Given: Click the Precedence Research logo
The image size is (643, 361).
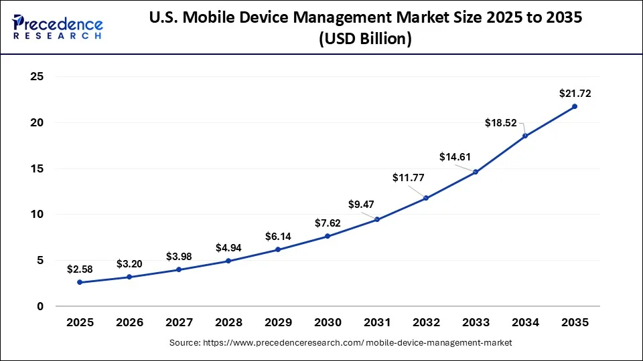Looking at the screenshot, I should [x=58, y=27].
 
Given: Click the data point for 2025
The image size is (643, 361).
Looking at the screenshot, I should [x=80, y=282].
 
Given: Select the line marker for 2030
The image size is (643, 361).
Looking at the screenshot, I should [x=328, y=236].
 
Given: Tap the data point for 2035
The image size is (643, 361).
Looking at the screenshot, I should [x=575, y=106].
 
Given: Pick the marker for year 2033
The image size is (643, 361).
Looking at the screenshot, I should [x=476, y=172].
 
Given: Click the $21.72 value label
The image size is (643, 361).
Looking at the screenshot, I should [x=575, y=94].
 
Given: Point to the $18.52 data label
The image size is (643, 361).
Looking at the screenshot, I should [x=502, y=122].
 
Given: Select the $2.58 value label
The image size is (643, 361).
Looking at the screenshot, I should [x=80, y=269].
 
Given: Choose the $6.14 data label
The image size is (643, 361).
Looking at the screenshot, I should [x=278, y=237].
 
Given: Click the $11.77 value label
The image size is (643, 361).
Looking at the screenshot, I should [x=408, y=178].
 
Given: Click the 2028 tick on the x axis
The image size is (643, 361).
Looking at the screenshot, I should [x=228, y=323].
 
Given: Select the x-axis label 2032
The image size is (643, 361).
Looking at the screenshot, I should [x=426, y=323].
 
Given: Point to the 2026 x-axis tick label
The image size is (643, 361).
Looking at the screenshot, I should [x=129, y=323].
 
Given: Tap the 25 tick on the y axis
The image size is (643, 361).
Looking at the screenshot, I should [x=37, y=77].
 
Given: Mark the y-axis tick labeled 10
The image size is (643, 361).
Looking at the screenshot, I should [x=37, y=215].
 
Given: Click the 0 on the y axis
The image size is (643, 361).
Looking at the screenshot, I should [x=40, y=307].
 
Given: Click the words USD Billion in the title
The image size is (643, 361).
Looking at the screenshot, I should [x=365, y=39].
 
